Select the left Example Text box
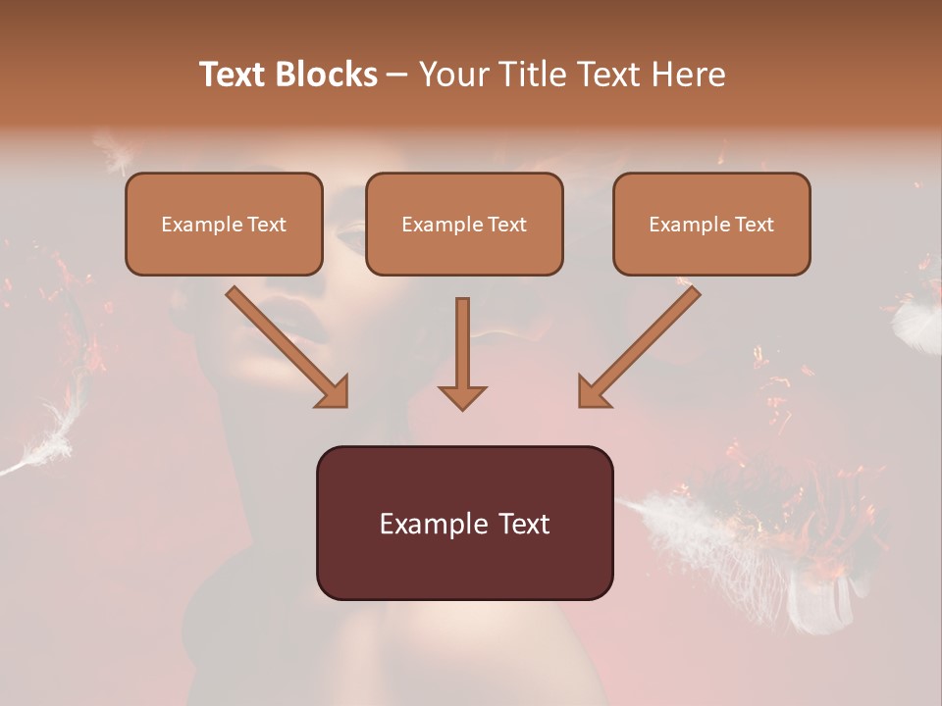[x=224, y=225]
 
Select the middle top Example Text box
[x=464, y=225]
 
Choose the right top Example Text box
[x=711, y=225]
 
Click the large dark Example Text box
[x=464, y=524]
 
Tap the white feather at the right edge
[x=917, y=324]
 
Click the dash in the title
[x=397, y=75]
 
